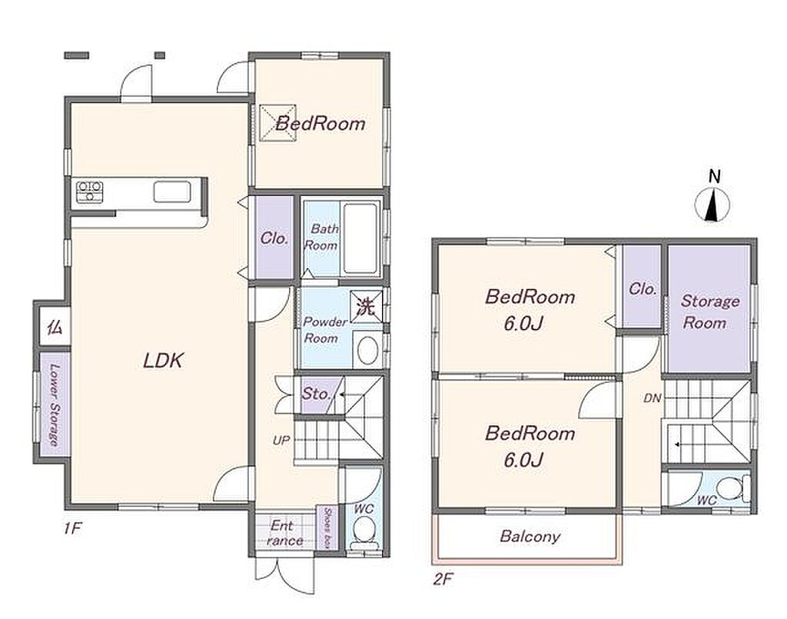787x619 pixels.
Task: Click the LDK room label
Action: (x=163, y=361)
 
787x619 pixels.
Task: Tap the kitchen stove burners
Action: (x=89, y=191)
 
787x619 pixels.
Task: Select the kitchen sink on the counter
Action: (x=172, y=191)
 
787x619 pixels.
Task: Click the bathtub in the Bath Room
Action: (x=360, y=238)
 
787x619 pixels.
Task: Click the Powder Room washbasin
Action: (x=367, y=350)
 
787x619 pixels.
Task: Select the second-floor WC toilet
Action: (x=732, y=488)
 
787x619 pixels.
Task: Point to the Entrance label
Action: (x=284, y=533)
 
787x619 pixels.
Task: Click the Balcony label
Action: (x=530, y=536)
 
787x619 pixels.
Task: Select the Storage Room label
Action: (x=709, y=311)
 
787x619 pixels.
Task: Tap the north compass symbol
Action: (x=712, y=205)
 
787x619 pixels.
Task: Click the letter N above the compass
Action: (x=715, y=176)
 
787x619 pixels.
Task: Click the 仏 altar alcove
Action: (x=55, y=328)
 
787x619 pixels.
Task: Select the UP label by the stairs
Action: (x=281, y=441)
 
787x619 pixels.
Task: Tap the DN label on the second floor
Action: (x=652, y=398)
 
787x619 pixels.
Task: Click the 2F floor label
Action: (x=443, y=580)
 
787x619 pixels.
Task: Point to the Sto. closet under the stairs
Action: (x=316, y=394)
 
